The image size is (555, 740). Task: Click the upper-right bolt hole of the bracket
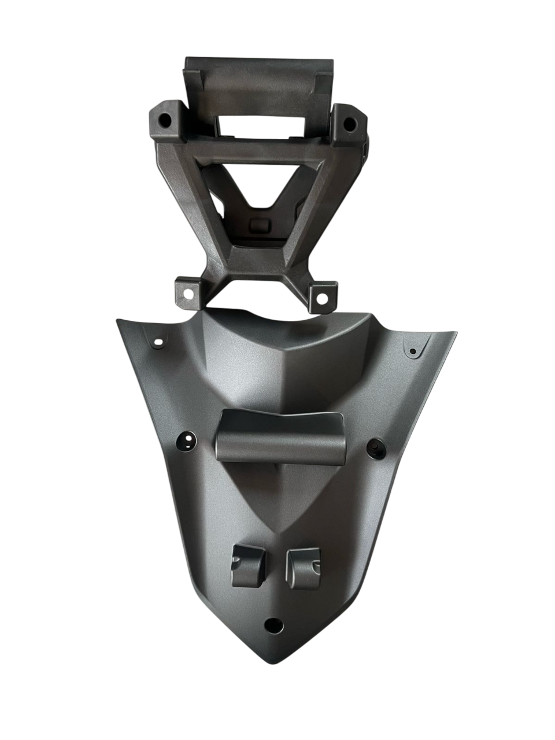coord(349,123)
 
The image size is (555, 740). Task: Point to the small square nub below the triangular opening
coord(260,224)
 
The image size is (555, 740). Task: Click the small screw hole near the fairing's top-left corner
coord(158,343)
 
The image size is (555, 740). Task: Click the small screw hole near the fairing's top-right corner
coord(413,351)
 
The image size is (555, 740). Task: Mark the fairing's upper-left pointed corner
coord(118,319)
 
